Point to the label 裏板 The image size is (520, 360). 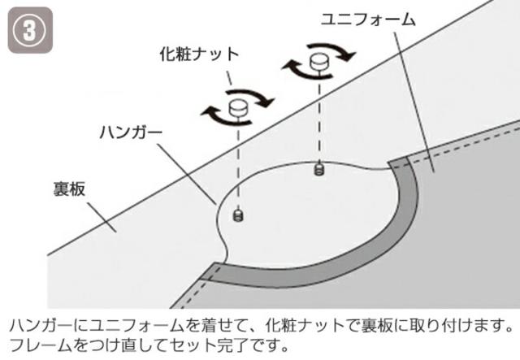pos(67,188)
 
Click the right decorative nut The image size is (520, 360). pos(318,61)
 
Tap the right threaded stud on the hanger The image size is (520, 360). pos(318,168)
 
